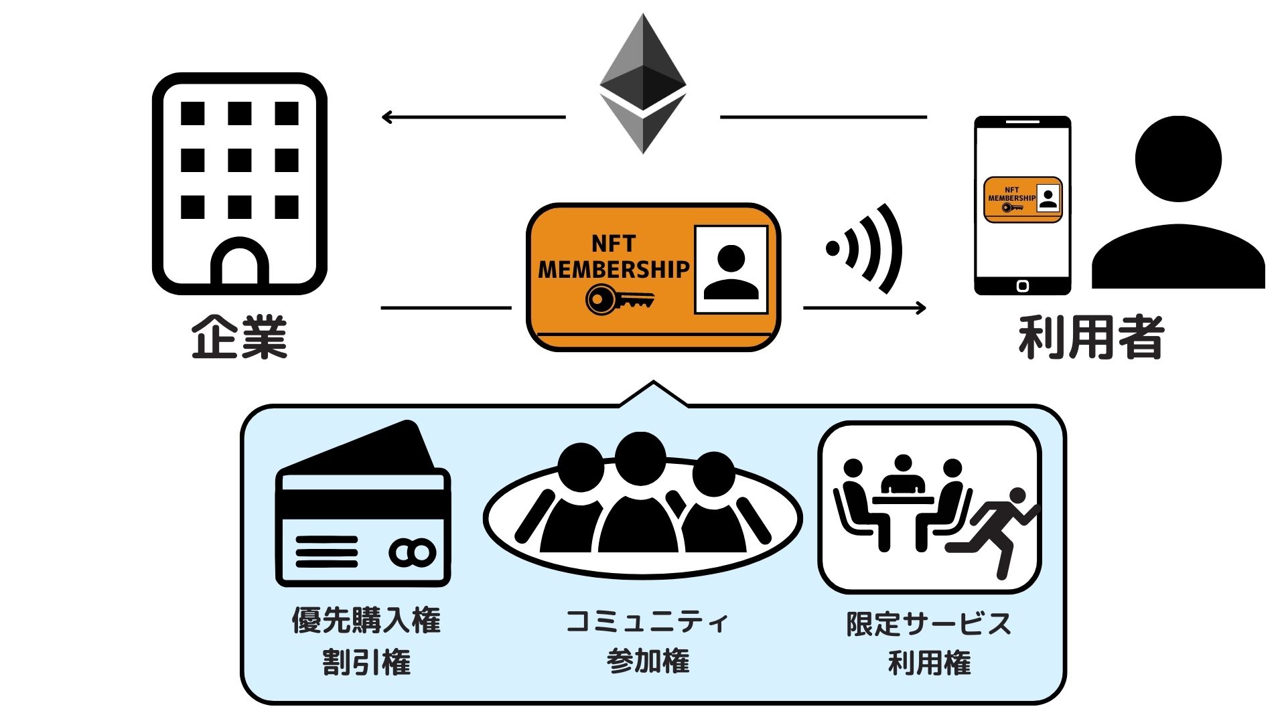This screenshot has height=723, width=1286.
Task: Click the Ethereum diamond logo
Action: pos(642,84)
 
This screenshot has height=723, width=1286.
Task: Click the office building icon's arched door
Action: pos(239,264)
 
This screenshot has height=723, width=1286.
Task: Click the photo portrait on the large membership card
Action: pos(731,270)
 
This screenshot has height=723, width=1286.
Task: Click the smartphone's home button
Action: pos(1022,287)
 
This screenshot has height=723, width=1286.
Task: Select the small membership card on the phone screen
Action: pos(1022,199)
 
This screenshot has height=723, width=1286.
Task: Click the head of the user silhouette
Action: pos(1178,159)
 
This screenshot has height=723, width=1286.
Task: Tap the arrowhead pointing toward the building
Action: pos(387,117)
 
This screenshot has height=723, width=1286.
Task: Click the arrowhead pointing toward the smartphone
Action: pos(921,308)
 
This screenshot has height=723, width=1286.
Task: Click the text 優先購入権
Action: pos(366,621)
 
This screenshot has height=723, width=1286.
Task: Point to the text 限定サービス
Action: pos(928,623)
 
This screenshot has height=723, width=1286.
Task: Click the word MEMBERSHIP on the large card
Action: pos(613,269)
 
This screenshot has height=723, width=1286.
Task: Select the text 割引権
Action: pos(366,662)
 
